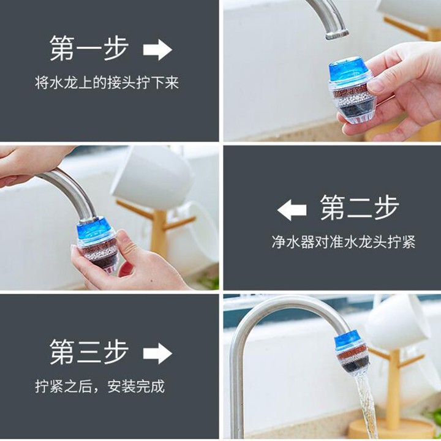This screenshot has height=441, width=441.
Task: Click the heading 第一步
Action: pyautogui.click(x=89, y=48)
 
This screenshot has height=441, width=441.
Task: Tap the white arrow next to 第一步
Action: pyautogui.click(x=157, y=50)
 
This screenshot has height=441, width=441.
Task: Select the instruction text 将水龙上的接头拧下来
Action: pyautogui.click(x=107, y=83)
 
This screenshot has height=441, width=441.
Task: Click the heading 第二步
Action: pyautogui.click(x=360, y=208)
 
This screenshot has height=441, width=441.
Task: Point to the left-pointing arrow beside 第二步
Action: pyautogui.click(x=292, y=210)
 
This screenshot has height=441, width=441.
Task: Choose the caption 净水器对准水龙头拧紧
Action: pyautogui.click(x=344, y=242)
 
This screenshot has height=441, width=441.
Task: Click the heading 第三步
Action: pyautogui.click(x=89, y=352)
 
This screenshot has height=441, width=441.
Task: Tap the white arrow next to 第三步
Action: pyautogui.click(x=157, y=353)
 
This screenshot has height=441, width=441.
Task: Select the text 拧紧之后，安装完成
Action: pyautogui.click(x=100, y=386)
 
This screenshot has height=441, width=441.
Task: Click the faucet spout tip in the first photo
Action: pyautogui.click(x=337, y=34)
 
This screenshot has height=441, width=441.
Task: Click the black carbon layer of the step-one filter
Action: pyautogui.click(x=356, y=107)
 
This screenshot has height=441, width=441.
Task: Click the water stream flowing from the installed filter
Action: pyautogui.click(x=365, y=403)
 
